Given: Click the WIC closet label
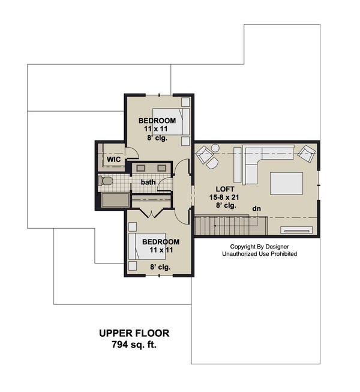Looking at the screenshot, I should [x=114, y=159].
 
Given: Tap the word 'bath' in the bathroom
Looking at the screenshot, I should [x=149, y=182].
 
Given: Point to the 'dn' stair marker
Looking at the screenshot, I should [x=257, y=208].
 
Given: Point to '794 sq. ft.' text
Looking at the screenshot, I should [x=134, y=345].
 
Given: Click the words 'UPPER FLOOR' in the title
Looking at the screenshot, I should [x=134, y=333].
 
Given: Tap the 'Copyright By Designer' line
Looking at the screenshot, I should [x=263, y=247].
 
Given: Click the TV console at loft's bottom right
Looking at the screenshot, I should [x=296, y=229].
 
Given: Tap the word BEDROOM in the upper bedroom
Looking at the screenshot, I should [x=157, y=121].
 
